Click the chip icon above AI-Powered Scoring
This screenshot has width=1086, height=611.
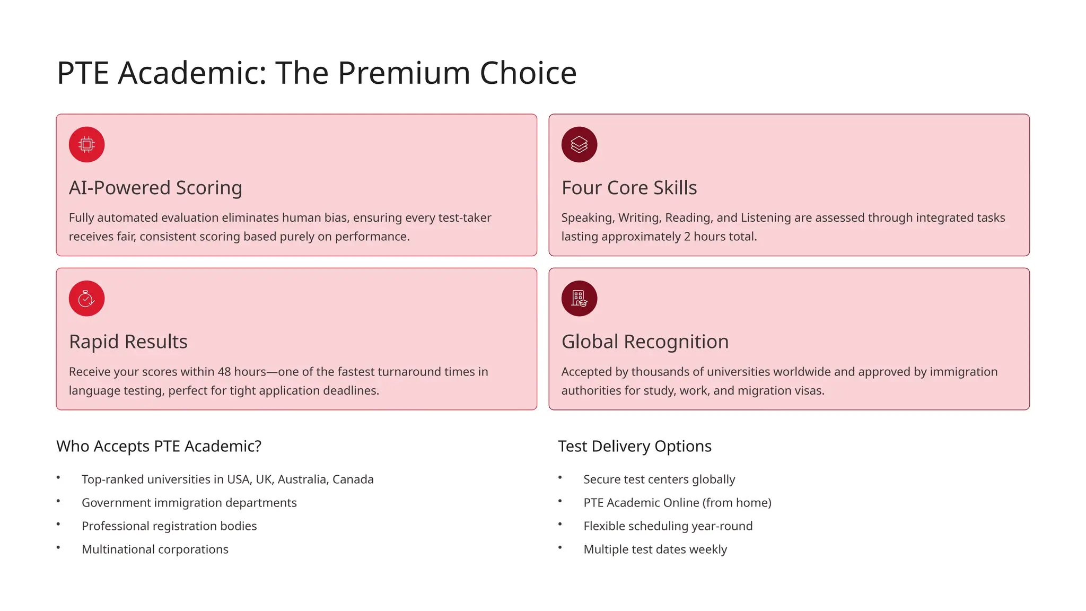(86, 144)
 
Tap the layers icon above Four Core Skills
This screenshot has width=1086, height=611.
(579, 144)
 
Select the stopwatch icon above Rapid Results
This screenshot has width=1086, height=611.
(86, 299)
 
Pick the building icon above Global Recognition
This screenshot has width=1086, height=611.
(579, 299)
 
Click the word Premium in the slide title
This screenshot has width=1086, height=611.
(404, 73)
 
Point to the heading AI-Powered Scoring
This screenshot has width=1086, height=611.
(155, 188)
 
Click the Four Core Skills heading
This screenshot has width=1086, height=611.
(629, 188)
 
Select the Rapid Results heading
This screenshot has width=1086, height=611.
(128, 342)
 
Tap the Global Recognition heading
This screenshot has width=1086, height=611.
(645, 342)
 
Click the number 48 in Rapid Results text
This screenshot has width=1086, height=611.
(224, 372)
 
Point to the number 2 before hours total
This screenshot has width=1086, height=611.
(687, 237)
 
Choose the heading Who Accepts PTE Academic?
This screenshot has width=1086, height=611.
(159, 446)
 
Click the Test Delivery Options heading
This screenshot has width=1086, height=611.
(634, 446)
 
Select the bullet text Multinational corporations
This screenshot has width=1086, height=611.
(155, 549)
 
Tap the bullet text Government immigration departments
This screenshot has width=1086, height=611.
(189, 503)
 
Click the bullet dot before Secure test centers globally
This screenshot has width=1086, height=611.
(560, 478)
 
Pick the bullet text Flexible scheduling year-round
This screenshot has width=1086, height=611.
(668, 526)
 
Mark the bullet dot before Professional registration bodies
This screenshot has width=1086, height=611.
(58, 525)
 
